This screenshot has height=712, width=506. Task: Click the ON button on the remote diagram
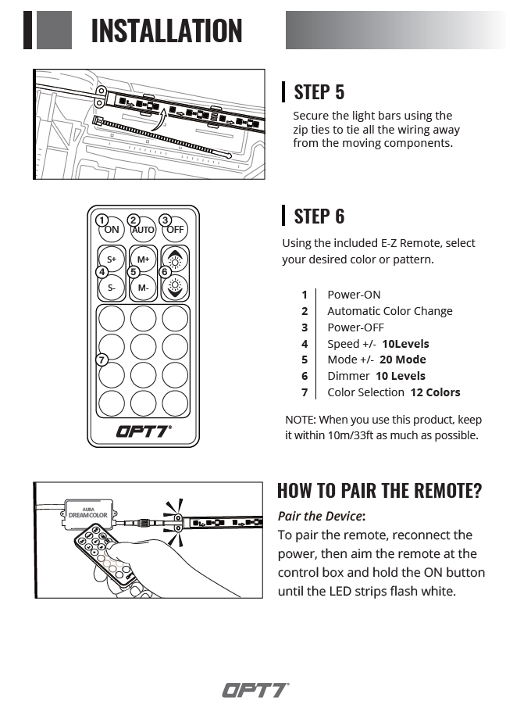[x=112, y=230]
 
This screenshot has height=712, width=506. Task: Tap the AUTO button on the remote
[x=143, y=230]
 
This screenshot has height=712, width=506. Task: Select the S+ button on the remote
[x=112, y=259]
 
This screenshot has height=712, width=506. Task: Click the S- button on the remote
[x=112, y=288]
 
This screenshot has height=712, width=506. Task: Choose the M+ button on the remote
[x=143, y=259]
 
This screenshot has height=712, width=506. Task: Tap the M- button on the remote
[x=143, y=288]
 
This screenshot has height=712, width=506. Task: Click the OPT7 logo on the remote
[x=143, y=431]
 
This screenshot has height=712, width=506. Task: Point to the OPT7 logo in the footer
[x=255, y=690]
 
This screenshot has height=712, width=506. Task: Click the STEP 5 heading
[x=319, y=91]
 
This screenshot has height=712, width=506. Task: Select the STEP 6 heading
[x=319, y=216]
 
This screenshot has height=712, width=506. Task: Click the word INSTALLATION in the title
[x=166, y=30]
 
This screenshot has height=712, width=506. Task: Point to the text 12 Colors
[x=435, y=392]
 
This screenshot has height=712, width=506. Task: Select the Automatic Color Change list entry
[x=390, y=311]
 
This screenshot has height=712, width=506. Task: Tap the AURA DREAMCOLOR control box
[x=87, y=512]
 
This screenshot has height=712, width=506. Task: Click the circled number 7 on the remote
[x=101, y=360]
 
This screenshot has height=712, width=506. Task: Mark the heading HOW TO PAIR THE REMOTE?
[x=379, y=491]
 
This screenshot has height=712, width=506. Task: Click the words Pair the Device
[x=320, y=516]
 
